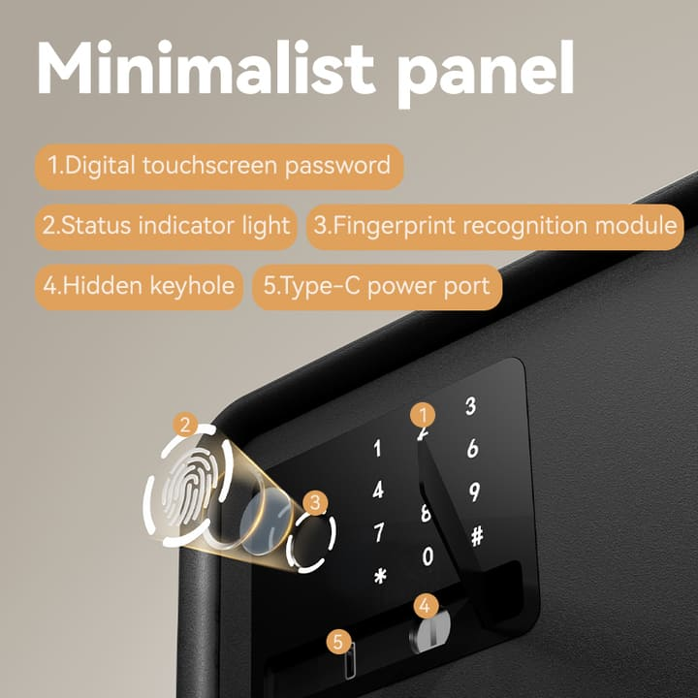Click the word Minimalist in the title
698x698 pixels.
click(x=206, y=68)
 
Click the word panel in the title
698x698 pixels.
click(x=486, y=74)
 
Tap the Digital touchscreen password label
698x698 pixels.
click(x=219, y=167)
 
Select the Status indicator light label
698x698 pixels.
click(x=166, y=227)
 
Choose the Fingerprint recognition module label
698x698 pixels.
click(x=495, y=227)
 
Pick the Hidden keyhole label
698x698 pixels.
click(x=139, y=287)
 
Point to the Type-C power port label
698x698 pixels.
click(x=377, y=287)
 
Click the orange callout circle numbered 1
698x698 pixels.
click(x=423, y=415)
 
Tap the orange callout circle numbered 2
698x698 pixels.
click(x=185, y=425)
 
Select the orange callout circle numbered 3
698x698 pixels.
click(x=315, y=503)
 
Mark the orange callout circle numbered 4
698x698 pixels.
click(x=426, y=606)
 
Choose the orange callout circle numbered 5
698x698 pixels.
click(x=338, y=643)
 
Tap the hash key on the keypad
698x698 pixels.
click(x=477, y=536)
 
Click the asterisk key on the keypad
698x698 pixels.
click(x=380, y=576)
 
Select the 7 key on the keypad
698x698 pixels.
click(x=378, y=532)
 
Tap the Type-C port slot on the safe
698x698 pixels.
click(x=350, y=661)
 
